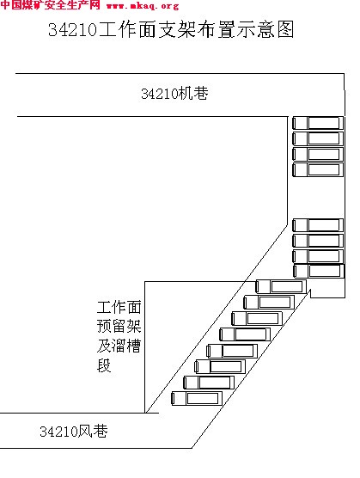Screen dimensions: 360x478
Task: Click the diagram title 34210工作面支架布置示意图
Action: [171, 29]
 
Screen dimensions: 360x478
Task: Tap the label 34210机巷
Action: [174, 93]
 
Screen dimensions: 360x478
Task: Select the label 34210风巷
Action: [74, 431]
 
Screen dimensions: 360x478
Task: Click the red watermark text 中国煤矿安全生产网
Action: [50, 5]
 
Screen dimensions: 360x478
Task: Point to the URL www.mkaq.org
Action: [143, 5]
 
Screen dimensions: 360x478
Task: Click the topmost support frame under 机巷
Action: [318, 123]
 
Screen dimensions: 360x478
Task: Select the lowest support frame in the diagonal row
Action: [197, 398]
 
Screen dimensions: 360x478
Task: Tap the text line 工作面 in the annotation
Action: [119, 307]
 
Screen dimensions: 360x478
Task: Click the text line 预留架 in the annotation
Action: [119, 326]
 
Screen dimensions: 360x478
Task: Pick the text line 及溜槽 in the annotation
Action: [119, 346]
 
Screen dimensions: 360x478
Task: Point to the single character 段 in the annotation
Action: [104, 365]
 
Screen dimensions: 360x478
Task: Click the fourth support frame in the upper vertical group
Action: [318, 170]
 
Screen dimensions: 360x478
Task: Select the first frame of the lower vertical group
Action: [318, 225]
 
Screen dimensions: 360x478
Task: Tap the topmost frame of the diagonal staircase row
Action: [281, 286]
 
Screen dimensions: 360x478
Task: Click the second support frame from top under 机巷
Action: [318, 138]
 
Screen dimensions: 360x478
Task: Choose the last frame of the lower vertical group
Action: [319, 271]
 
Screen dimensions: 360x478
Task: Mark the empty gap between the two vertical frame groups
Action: [318, 198]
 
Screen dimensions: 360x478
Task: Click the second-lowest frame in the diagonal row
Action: [209, 383]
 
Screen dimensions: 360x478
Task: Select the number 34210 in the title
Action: [72, 30]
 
